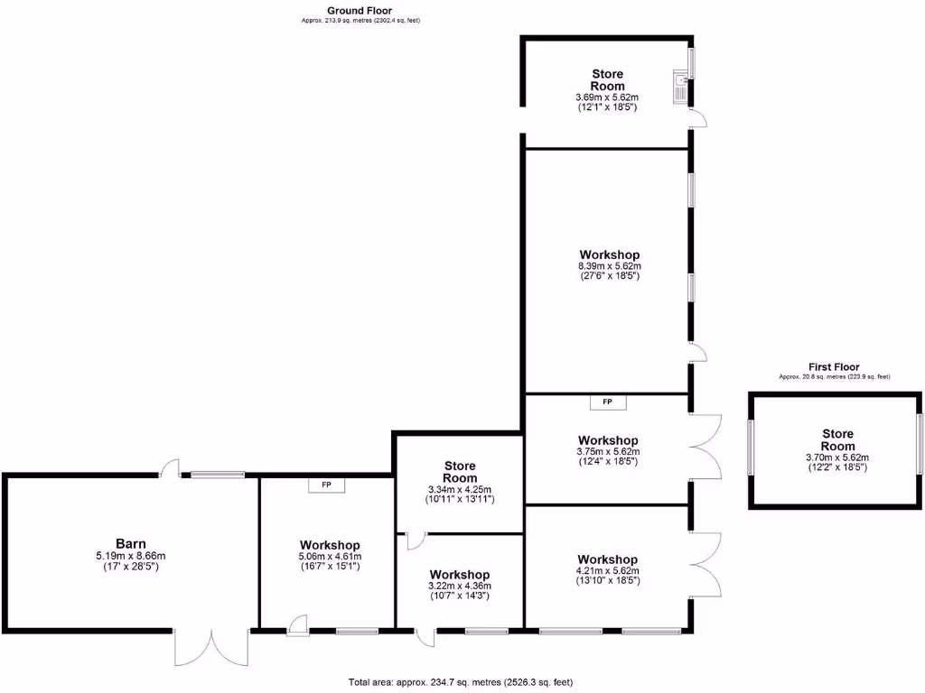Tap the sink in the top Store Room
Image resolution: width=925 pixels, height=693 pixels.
coord(680,88)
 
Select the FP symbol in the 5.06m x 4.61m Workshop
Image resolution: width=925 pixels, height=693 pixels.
coord(326,485)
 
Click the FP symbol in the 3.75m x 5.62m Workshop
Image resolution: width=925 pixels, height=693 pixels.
coord(607,402)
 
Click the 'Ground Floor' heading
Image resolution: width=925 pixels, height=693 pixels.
coord(360,11)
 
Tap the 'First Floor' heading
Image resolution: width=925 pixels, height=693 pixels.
coord(834,367)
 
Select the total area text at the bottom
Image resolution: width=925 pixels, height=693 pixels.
coord(461,682)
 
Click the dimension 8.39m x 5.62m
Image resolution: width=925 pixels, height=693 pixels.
coord(609,266)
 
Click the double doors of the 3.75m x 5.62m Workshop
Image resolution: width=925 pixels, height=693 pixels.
coord(706,447)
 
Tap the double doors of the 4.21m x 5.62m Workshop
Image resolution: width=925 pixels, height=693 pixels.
coord(706,564)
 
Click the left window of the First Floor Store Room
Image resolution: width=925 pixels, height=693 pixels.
coord(751,448)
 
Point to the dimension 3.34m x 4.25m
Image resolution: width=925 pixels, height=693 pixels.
coord(460,489)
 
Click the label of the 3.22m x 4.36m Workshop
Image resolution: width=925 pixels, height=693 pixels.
coord(460,575)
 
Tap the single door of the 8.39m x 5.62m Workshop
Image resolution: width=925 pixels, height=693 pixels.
coord(696,353)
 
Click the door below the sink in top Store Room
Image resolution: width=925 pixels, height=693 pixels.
coord(697,117)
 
